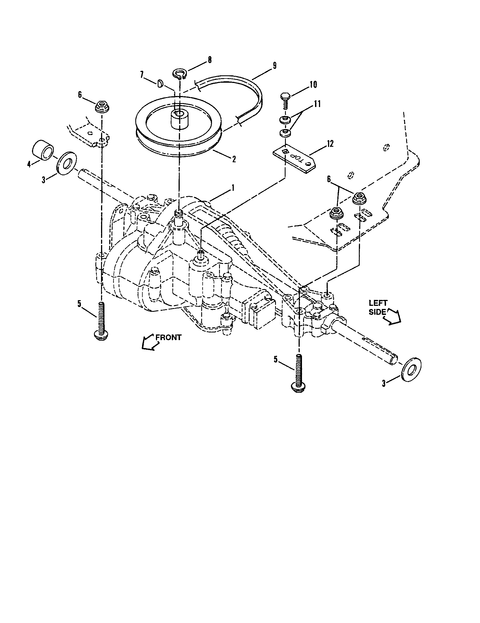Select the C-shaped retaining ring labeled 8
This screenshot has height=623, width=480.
click(179, 73)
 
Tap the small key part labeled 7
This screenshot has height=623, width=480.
click(160, 83)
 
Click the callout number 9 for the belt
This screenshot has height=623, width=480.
click(274, 65)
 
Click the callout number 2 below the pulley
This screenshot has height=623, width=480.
click(234, 159)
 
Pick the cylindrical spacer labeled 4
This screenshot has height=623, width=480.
click(42, 150)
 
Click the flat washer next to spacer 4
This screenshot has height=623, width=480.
click(67, 166)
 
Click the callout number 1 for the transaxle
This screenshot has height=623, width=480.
click(233, 188)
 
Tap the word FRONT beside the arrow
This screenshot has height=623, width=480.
click(168, 338)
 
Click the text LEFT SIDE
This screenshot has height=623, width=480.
click(378, 307)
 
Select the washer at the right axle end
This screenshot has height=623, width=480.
click(411, 369)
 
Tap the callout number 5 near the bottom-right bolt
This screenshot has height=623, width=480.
click(275, 359)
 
